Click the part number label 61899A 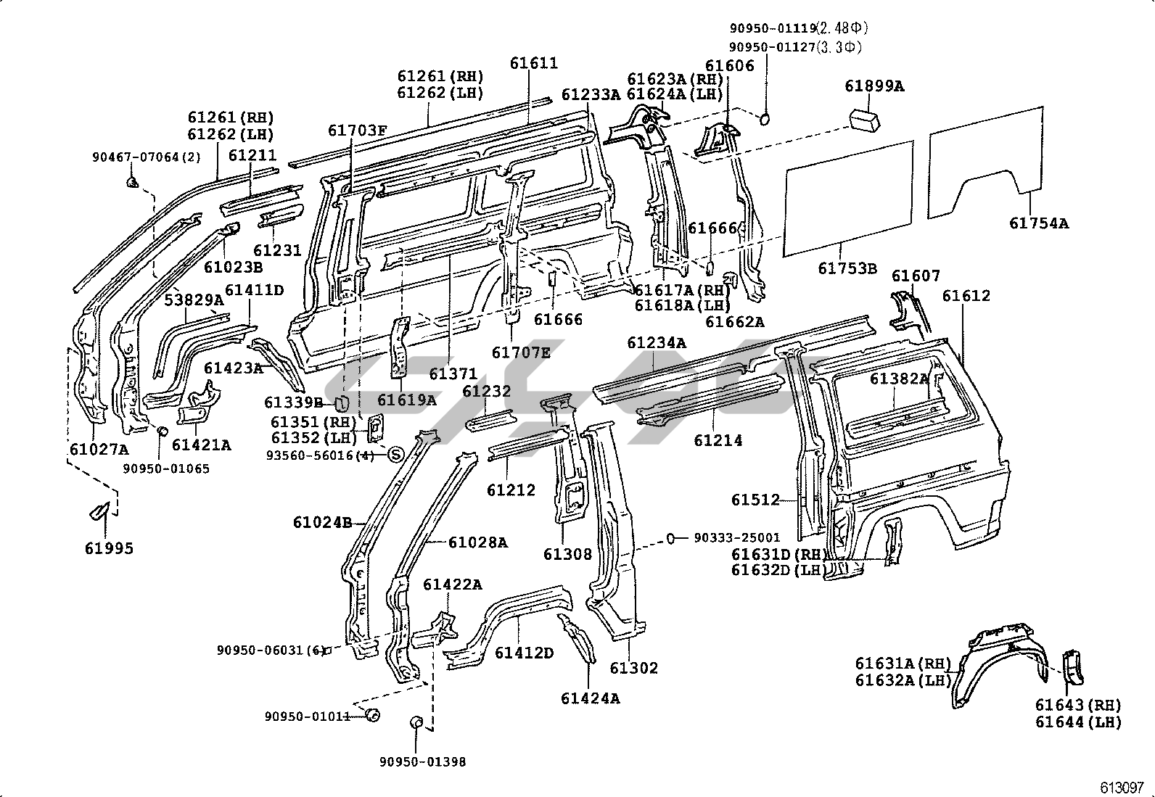[874, 86]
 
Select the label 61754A [1038, 223]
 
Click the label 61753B [847, 269]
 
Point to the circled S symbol [395, 455]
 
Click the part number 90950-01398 [422, 761]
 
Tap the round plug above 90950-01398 [416, 722]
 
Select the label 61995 [110, 548]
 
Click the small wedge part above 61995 [98, 511]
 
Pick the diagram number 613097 [1122, 787]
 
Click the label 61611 [534, 63]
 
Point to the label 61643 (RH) [1078, 705]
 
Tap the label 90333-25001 [737, 538]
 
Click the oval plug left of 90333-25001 [672, 538]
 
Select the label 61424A [591, 698]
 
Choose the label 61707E [521, 352]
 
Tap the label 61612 [966, 296]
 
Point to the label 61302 [634, 668]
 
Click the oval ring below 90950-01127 [765, 118]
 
